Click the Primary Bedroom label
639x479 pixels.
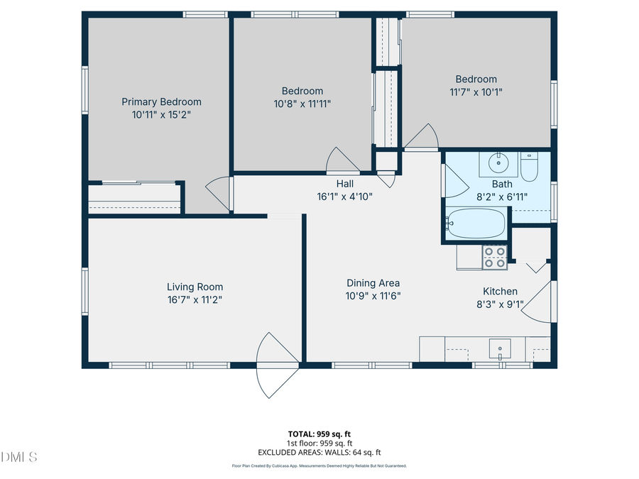pyautogui.click(x=161, y=101)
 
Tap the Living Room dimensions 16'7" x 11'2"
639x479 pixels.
pyautogui.click(x=195, y=299)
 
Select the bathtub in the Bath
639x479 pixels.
pyautogui.click(x=477, y=225)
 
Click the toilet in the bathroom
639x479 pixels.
pyautogui.click(x=530, y=167)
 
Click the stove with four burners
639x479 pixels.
pyautogui.click(x=494, y=257)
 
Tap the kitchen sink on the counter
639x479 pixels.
pyautogui.click(x=501, y=349)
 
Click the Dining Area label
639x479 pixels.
pyautogui.click(x=373, y=282)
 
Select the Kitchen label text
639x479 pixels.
pyautogui.click(x=500, y=291)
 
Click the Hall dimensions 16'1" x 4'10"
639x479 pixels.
pyautogui.click(x=345, y=197)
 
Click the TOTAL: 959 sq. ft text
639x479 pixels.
pyautogui.click(x=319, y=433)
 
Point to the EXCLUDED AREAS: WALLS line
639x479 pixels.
pyautogui.click(x=319, y=451)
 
